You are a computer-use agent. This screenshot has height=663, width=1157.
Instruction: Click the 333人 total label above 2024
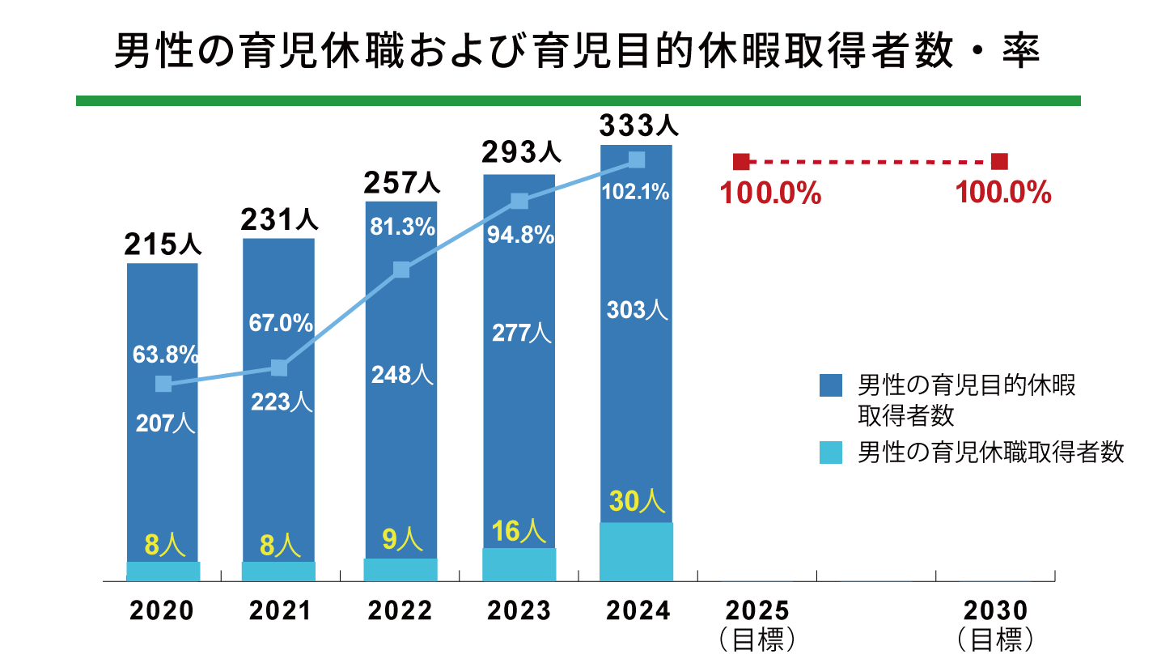pos(638,126)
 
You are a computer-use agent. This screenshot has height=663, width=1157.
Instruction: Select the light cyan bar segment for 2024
pos(637,551)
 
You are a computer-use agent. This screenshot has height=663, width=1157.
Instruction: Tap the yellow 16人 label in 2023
pos(519,531)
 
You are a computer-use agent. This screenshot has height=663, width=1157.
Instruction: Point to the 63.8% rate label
pos(165,355)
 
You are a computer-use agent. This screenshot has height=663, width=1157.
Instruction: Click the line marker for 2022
pos(400,270)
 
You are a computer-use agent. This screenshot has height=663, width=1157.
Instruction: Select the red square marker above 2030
pos(1000,161)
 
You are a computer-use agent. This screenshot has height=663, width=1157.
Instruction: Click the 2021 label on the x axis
pos(280,611)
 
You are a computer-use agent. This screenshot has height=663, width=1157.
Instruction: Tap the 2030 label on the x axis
pos(995,611)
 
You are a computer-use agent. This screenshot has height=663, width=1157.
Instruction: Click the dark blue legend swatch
pos(831,385)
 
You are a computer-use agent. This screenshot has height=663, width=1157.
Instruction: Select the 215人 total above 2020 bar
pos(163,244)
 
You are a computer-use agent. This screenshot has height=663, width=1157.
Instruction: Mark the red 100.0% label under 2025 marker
pos(770,194)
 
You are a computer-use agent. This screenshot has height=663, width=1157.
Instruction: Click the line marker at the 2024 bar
pos(637,159)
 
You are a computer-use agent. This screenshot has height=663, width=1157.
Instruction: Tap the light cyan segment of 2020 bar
pos(163,571)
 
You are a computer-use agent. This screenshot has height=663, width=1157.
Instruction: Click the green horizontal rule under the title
pos(578,101)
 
